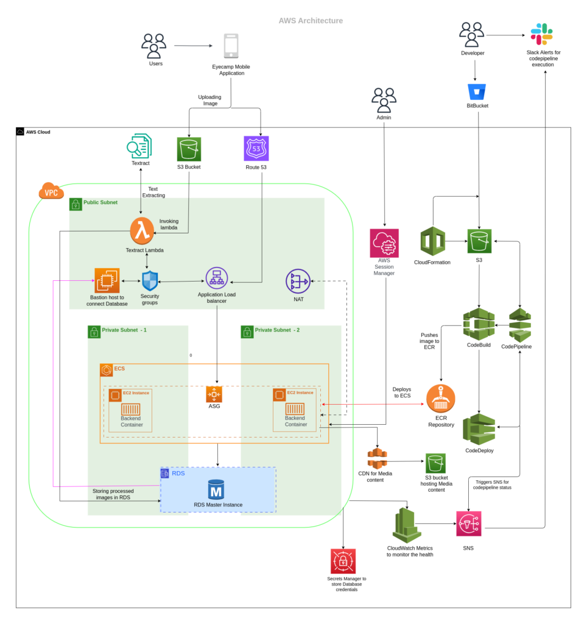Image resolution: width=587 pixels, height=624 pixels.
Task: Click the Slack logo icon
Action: [x=541, y=34]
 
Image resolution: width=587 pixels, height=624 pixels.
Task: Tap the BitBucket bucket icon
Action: [x=477, y=91]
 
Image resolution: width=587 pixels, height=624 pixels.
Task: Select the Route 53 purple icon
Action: [x=256, y=149]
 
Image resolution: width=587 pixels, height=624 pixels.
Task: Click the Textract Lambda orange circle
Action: [x=142, y=232]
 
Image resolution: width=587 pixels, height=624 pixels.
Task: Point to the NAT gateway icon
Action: [x=298, y=282]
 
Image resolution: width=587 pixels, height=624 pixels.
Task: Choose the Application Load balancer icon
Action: [x=216, y=278]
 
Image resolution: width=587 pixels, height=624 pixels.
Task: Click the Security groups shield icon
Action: [x=149, y=280]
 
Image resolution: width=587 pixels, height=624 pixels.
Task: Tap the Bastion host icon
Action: [x=107, y=280]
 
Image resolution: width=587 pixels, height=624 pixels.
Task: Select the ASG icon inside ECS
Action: [x=214, y=394]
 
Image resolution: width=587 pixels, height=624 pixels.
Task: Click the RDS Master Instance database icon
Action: [x=217, y=489]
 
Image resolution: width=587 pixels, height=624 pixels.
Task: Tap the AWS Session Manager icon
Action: [x=384, y=244]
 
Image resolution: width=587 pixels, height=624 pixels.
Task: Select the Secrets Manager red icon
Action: [x=343, y=561]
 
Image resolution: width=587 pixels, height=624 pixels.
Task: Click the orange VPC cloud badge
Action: [x=51, y=192]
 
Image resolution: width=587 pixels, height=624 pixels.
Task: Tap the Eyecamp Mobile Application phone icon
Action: [x=231, y=47]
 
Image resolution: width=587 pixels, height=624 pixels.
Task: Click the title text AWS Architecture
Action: [x=311, y=21]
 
